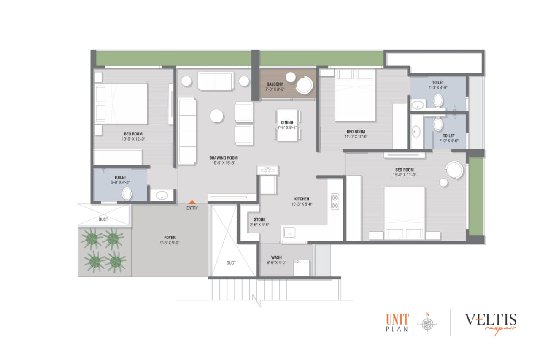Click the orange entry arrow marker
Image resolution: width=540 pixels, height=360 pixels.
pyautogui.click(x=192, y=202)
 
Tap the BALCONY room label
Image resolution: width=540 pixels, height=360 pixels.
pyautogui.click(x=275, y=84)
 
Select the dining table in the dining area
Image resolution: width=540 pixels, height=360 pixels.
pyautogui.click(x=287, y=125)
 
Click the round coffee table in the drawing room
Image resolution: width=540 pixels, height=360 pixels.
pyautogui.click(x=216, y=116)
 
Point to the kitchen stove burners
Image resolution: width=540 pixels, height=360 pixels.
pyautogui.click(x=335, y=201)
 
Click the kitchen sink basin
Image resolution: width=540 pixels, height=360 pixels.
pyautogui.click(x=289, y=233)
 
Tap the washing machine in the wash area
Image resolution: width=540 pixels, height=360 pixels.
pyautogui.click(x=301, y=268)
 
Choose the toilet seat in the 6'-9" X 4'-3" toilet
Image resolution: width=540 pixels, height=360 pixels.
pyautogui.click(x=127, y=194)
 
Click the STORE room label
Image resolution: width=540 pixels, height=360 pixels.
pyautogui.click(x=259, y=219)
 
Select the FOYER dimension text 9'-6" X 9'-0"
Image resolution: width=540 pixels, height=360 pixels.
pyautogui.click(x=170, y=243)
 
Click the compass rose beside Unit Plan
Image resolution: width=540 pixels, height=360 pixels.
pyautogui.click(x=427, y=324)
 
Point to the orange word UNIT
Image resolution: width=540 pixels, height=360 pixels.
pyautogui.click(x=397, y=319)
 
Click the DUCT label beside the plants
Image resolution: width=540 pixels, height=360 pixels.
pyautogui.click(x=103, y=219)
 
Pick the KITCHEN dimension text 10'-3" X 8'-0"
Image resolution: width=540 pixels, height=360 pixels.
pyautogui.click(x=302, y=204)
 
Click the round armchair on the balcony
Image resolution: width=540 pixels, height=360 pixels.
pyautogui.click(x=304, y=85)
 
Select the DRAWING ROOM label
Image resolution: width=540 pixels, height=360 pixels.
pyautogui.click(x=223, y=158)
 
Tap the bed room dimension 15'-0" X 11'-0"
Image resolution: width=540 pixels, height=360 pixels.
pyautogui.click(x=404, y=175)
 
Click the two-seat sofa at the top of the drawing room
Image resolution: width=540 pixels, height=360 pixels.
pyautogui.click(x=216, y=81)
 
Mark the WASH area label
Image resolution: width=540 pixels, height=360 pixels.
pyautogui.click(x=276, y=257)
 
